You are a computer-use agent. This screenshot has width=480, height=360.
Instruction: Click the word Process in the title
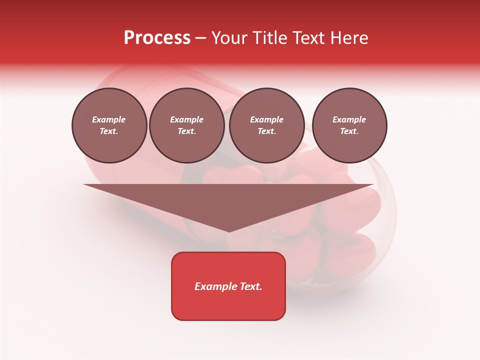(x=157, y=38)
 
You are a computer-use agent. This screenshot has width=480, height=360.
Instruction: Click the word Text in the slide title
(x=309, y=38)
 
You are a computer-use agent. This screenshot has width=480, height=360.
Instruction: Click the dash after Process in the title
(x=201, y=38)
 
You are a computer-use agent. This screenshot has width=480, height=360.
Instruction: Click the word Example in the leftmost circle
(x=109, y=119)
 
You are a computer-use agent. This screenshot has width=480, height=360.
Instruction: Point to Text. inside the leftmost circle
(x=109, y=131)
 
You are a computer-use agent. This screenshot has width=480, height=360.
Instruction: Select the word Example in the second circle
(x=186, y=119)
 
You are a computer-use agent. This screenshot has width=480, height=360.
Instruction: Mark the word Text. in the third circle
(x=266, y=131)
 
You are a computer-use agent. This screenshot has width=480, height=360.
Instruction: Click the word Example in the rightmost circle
(x=349, y=119)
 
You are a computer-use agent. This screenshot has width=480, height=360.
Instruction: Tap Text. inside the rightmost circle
(x=349, y=131)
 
